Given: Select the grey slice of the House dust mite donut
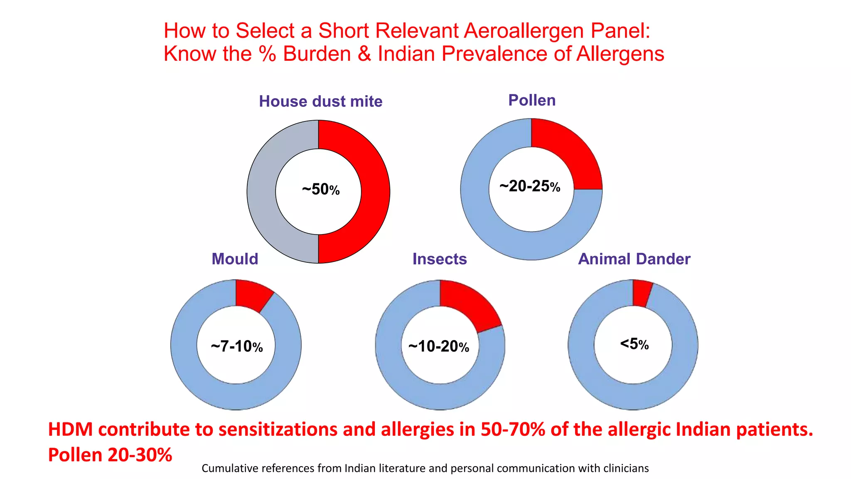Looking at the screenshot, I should tap(261, 191).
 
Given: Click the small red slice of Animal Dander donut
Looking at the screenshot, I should tap(641, 293).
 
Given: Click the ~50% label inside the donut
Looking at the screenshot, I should tap(320, 190).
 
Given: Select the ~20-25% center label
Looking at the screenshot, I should tap(530, 186).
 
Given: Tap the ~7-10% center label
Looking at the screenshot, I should tap(236, 346).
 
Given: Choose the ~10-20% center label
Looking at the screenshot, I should tap(438, 346).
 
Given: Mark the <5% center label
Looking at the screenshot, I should tap(634, 344).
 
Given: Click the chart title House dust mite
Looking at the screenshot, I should tap(320, 101).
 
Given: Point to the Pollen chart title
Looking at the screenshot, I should tap(532, 100).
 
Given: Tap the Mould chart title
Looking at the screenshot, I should tap(235, 259).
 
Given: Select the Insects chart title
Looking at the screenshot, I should tap(439, 259).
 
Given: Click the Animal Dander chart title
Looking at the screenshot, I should tap(634, 259).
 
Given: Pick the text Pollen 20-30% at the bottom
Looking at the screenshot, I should tap(110, 454).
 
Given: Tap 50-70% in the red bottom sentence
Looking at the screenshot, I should tap(513, 430).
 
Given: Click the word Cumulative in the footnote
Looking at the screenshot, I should tap(229, 468).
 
